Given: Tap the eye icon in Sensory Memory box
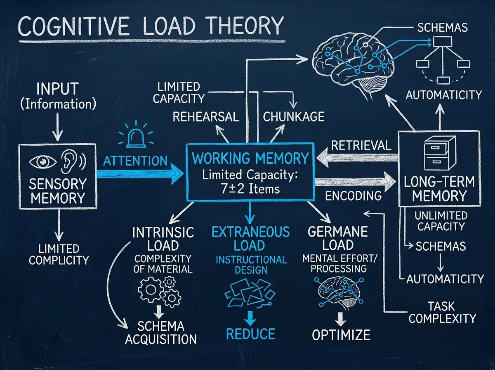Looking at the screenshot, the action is tap(43, 161).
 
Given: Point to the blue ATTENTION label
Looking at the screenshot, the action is tap(135, 161).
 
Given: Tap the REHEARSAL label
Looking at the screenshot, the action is tap(206, 117).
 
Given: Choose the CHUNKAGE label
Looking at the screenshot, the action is tap(294, 116).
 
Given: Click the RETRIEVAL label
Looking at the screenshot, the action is tap(361, 145).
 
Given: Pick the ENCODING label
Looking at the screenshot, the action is tap(354, 195).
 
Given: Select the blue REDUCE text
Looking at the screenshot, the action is tap(250, 334).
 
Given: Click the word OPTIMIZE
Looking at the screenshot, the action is tap(341, 334).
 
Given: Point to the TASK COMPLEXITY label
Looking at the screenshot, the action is tap(442, 313).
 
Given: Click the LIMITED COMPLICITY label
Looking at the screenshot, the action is tap(59, 254).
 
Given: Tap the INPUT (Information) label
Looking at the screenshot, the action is tap(58, 96).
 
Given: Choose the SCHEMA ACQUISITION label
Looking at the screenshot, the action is tap(161, 333).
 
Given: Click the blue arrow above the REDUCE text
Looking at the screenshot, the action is tap(250, 318).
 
